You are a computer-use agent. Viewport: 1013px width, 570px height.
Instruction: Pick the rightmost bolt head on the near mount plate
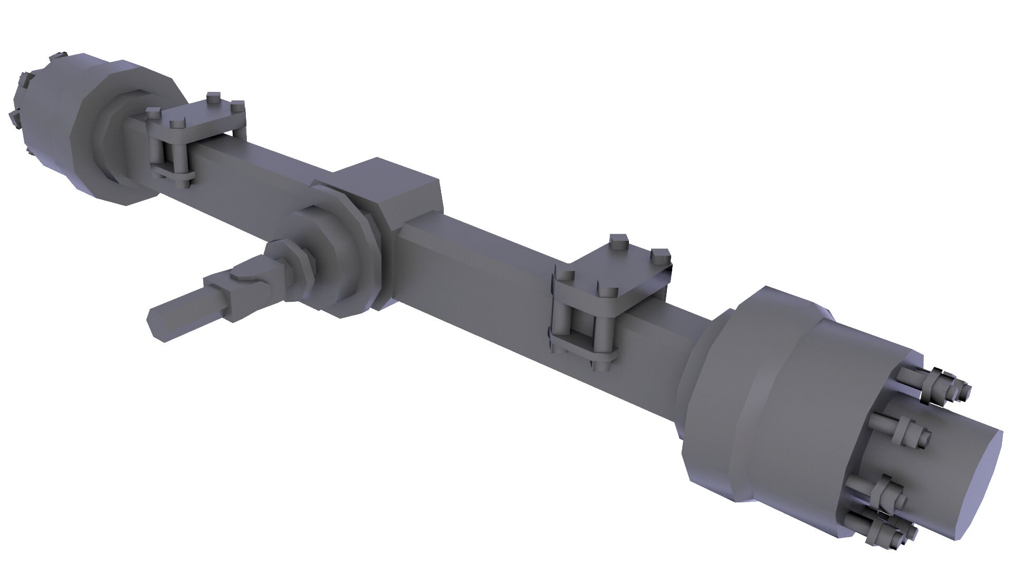coord(660,255)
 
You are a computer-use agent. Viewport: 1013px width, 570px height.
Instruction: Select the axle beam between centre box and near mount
coord(475,274)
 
